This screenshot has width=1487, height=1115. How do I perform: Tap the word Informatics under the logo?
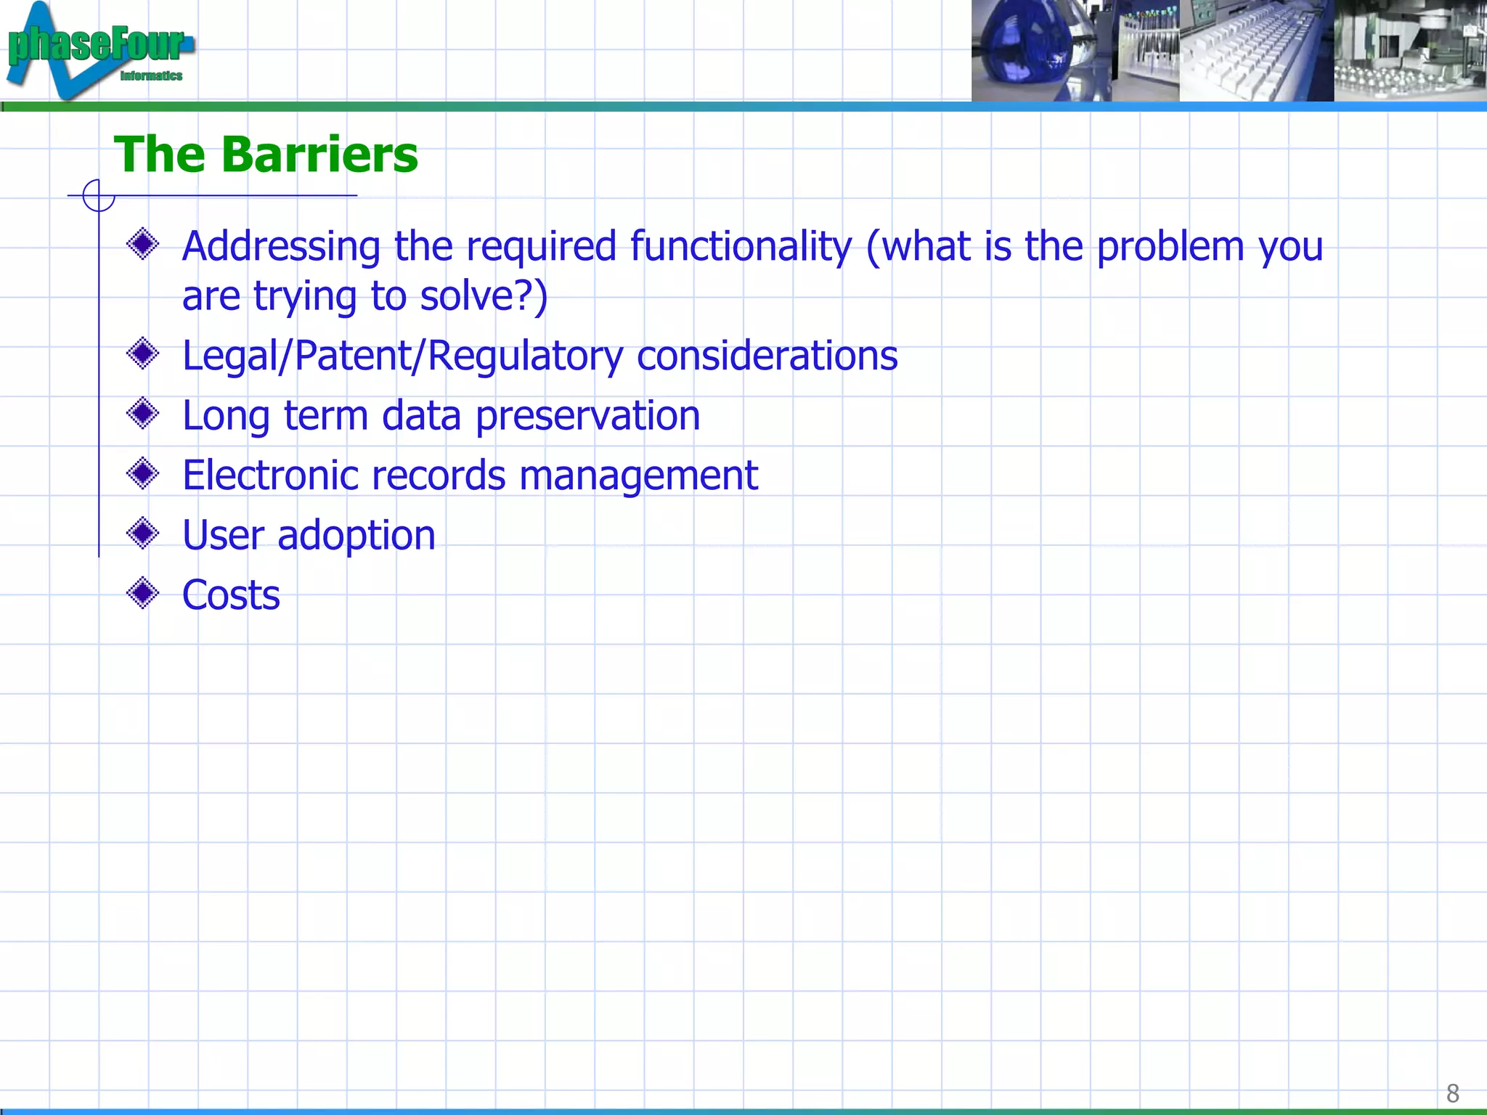click(x=151, y=75)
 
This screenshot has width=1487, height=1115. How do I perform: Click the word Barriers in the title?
click(x=319, y=155)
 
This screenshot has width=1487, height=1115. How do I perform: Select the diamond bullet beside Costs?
click(x=142, y=594)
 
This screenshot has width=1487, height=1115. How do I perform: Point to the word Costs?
click(x=231, y=595)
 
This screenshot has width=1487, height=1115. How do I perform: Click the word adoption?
click(x=357, y=536)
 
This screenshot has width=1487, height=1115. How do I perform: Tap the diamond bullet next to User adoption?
click(x=142, y=534)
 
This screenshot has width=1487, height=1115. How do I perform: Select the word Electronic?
click(x=271, y=475)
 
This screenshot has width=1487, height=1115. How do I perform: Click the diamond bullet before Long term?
click(x=142, y=414)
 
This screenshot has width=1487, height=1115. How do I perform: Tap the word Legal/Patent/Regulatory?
click(x=402, y=356)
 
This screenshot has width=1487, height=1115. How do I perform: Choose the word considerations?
click(x=767, y=356)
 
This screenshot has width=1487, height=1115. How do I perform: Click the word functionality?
click(x=741, y=247)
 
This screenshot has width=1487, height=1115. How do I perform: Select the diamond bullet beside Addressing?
click(x=142, y=244)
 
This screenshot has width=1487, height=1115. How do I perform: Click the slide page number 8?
click(x=1452, y=1092)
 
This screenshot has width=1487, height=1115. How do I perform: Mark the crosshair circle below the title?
click(x=99, y=195)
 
